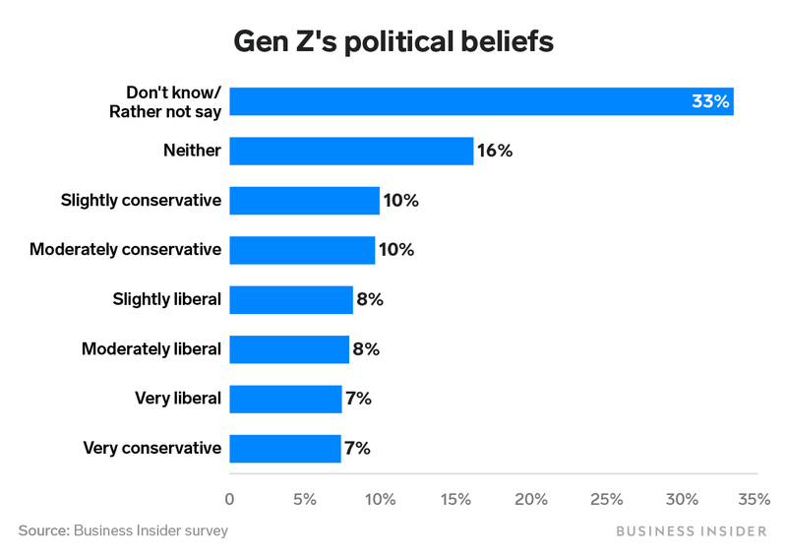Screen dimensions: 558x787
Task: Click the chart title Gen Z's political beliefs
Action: click(393, 42)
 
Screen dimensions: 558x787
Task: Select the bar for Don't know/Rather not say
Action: click(481, 101)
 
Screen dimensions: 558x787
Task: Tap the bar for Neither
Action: click(351, 151)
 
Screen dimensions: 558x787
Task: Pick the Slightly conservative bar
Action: click(304, 201)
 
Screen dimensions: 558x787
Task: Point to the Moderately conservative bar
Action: click(302, 250)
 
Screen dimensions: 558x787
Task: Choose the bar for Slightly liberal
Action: click(291, 299)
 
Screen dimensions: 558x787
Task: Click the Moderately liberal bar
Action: click(289, 349)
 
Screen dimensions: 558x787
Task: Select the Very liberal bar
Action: click(285, 399)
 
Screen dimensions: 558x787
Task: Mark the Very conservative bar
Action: click(285, 449)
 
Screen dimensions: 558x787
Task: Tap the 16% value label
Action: click(495, 151)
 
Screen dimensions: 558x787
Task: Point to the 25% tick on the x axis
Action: click(606, 499)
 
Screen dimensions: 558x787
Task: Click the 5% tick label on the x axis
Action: click(305, 499)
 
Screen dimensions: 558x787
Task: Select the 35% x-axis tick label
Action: click(755, 499)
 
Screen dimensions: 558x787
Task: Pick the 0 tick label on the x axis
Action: click(230, 499)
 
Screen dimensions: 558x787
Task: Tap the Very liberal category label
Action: click(178, 399)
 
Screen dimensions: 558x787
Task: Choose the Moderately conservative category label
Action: click(125, 250)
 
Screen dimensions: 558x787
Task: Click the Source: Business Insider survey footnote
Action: click(123, 530)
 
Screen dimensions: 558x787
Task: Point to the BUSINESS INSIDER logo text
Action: click(692, 531)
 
